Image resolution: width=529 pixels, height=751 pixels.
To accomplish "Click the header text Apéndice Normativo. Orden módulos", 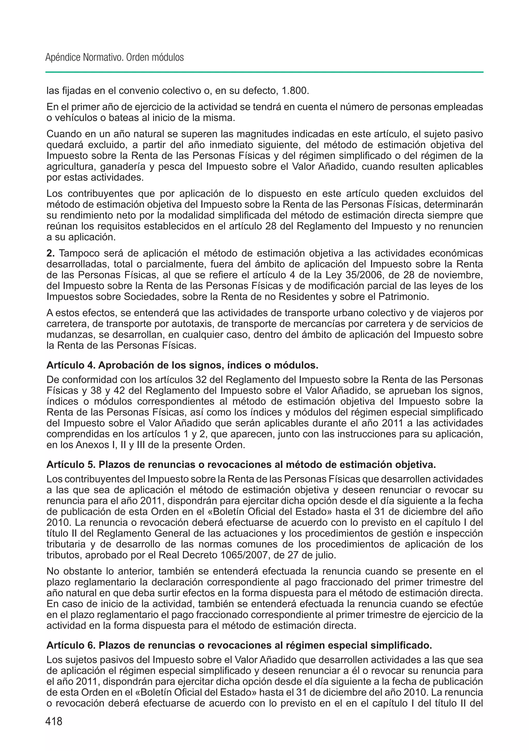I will tap(114, 58).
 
